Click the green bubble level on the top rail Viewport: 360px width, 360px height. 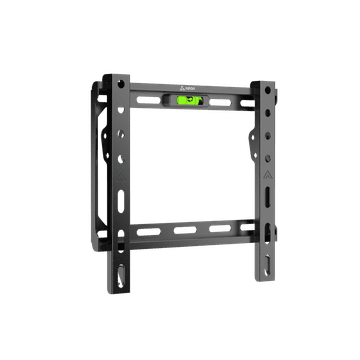[x=189, y=99]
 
